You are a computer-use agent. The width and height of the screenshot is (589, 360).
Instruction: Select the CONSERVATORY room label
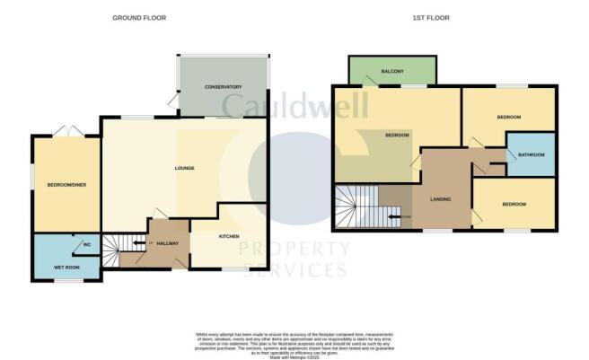click(224, 87)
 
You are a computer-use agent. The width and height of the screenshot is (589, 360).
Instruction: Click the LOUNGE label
click(184, 168)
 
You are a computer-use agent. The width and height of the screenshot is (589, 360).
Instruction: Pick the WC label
click(87, 244)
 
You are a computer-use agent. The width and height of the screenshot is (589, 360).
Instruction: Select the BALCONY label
click(392, 71)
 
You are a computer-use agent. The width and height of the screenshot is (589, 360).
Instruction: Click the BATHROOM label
click(531, 154)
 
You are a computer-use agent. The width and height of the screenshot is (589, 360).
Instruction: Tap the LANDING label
click(440, 199)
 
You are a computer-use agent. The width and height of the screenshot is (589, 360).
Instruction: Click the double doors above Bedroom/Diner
click(65, 132)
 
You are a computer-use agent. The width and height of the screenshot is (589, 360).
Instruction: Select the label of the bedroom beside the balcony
click(397, 136)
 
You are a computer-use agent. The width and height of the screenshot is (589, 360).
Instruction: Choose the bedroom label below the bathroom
click(514, 205)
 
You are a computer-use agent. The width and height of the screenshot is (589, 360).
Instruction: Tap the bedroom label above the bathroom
click(508, 118)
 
